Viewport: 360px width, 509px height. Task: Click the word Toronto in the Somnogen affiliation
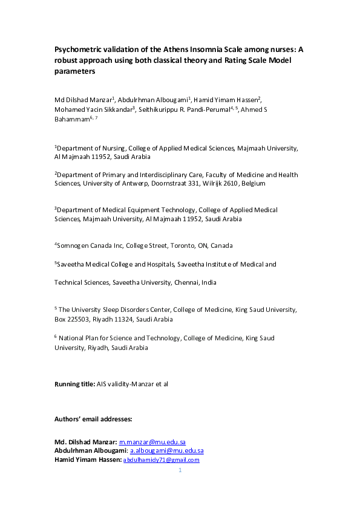183,245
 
